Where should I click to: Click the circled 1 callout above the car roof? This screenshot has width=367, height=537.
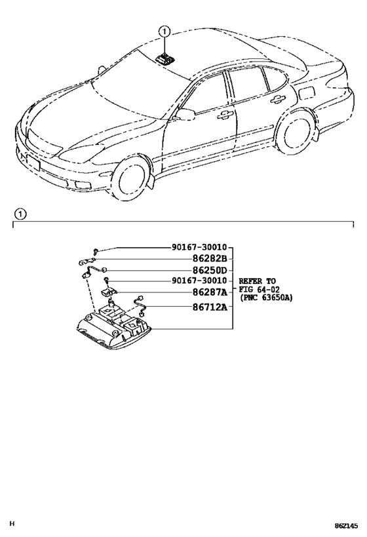coord(164,31)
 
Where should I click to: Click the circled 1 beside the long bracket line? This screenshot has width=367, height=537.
coord(20,214)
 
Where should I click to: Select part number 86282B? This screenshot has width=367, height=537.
coord(210,259)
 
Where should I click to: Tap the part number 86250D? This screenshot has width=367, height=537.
coord(210,270)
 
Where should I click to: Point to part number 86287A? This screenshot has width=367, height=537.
coord(210,292)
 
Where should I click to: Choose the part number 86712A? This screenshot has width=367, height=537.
coord(210,308)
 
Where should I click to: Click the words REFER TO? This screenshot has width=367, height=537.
coord(257,281)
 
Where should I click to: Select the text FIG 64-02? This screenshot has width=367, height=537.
coord(259,290)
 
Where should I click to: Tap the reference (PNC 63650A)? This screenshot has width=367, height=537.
coord(266,298)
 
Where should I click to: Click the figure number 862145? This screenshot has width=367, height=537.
coord(347,526)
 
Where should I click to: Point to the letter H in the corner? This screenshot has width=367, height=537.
coord(12,523)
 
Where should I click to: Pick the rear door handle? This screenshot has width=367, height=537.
coord(278,98)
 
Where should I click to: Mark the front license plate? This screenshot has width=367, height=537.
coord(33,163)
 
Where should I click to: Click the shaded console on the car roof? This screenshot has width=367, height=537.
coord(165,58)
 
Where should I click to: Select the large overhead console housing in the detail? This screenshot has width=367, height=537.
coord(113,328)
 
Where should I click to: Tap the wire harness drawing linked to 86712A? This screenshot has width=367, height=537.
coord(140,305)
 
